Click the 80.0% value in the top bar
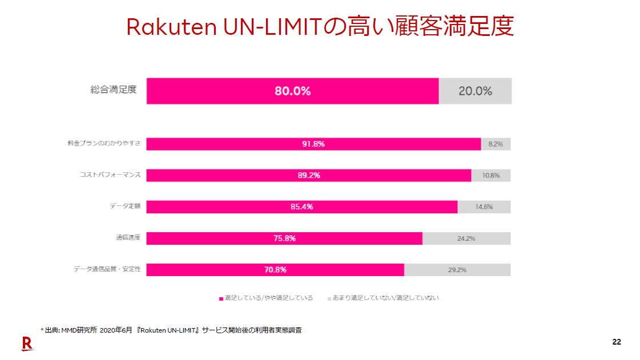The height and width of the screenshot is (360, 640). point(292,91)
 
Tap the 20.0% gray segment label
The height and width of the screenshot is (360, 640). point(475,91)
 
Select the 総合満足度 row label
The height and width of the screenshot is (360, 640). point(114,90)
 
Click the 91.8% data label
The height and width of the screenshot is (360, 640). point(313,144)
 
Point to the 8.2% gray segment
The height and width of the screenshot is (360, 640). point(496,144)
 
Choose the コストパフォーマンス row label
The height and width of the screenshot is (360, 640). point(110,175)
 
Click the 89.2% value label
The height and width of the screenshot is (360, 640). point(309,175)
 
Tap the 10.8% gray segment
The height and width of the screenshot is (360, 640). point(491,175)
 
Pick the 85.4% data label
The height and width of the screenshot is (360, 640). point(302,207)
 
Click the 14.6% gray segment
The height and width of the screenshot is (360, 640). point(484,207)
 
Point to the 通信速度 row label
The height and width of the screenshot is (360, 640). point(128,237)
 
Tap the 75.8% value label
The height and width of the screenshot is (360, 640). point(284,238)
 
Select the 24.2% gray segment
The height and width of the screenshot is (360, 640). point(466,238)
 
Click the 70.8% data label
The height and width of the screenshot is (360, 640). point(275,269)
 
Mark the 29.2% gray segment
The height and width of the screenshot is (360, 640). point(457,269)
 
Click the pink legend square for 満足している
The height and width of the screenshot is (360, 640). point(221,298)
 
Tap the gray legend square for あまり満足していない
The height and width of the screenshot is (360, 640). point(329,298)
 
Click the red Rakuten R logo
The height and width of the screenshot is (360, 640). point(27,343)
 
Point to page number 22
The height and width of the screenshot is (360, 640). point(617,342)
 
